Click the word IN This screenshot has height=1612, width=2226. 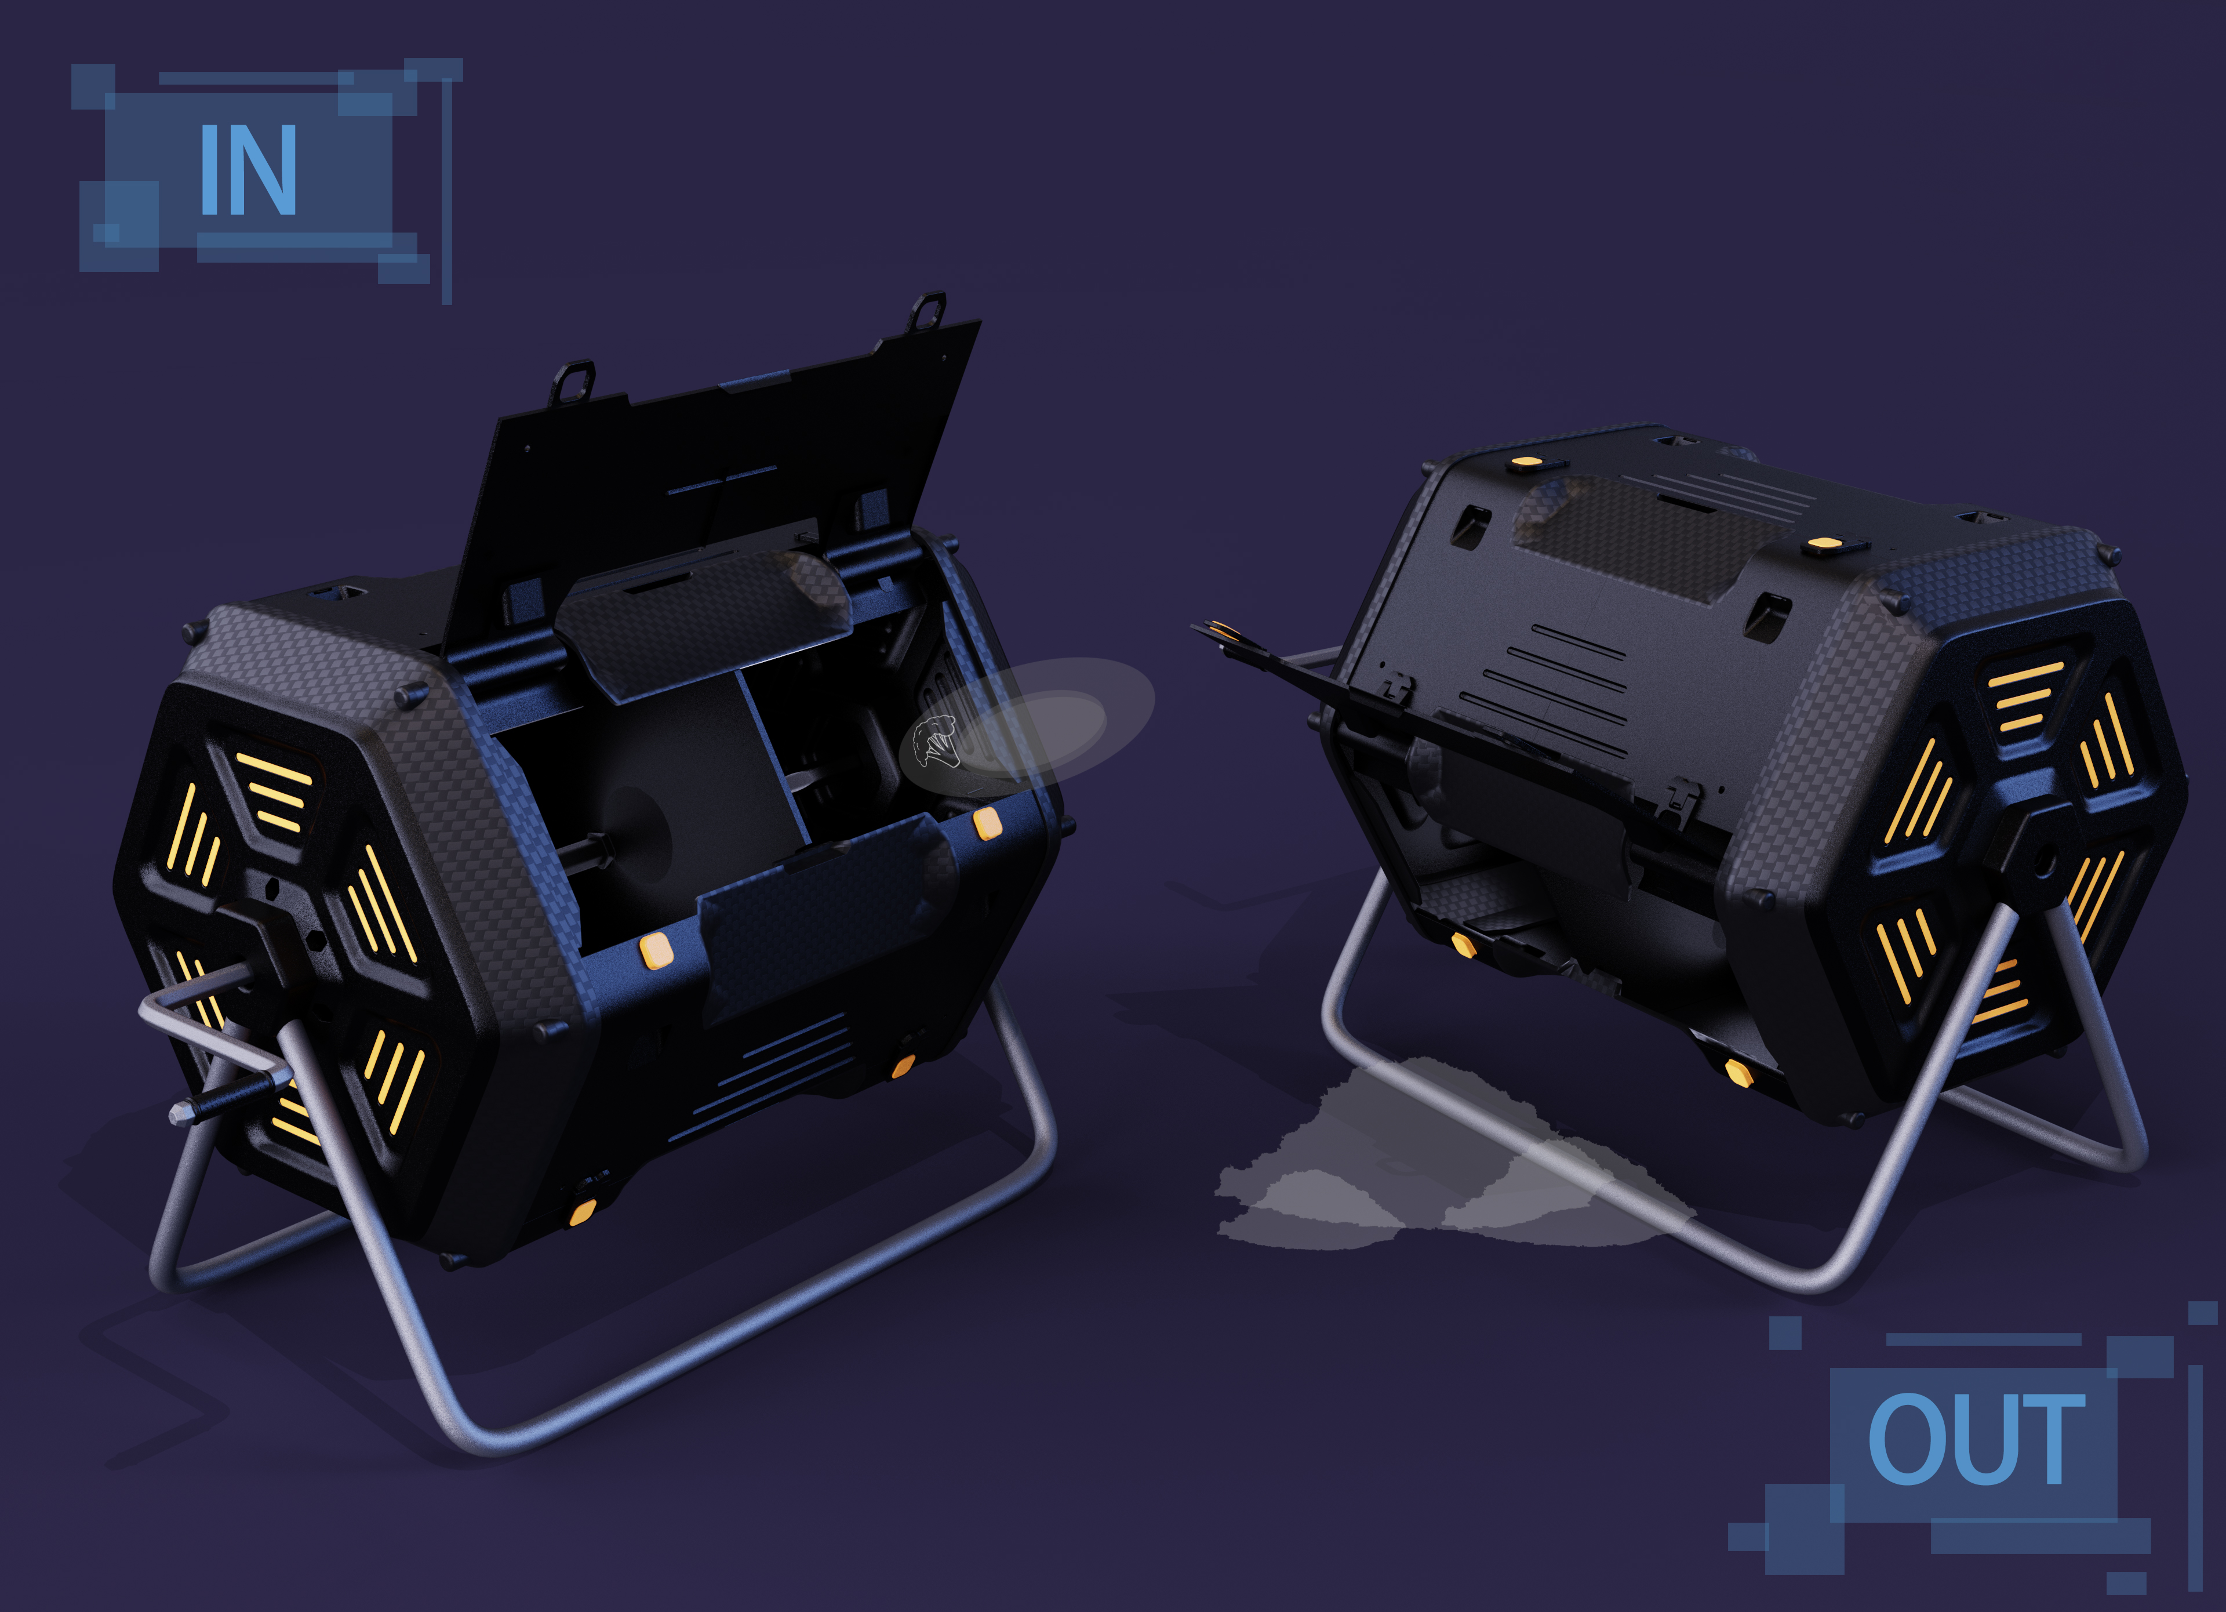pos(248,170)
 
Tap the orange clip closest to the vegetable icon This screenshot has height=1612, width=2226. pos(987,823)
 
